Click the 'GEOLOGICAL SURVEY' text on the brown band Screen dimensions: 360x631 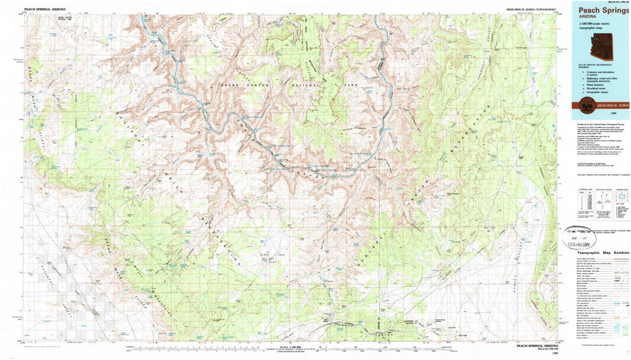(x=613, y=105)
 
